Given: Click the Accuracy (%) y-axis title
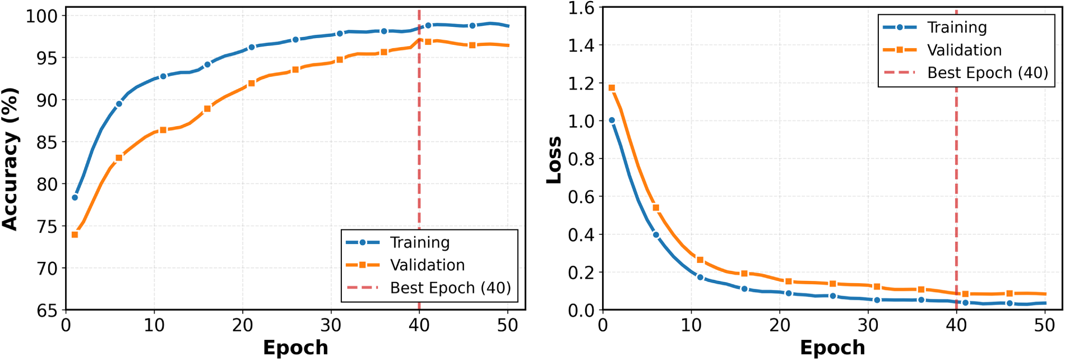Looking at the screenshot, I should [10, 159].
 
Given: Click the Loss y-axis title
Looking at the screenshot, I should [554, 159].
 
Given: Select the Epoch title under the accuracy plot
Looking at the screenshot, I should [295, 348].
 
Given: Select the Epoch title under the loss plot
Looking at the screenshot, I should [832, 348].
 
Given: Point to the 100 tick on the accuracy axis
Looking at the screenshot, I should [41, 16].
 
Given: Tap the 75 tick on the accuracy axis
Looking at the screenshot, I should [47, 227].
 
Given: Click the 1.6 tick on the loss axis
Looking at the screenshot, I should [581, 8].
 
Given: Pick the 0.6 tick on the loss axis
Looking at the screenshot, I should [581, 197].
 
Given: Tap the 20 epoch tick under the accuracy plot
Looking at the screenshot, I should [242, 325].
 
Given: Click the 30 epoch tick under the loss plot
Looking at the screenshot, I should [868, 325].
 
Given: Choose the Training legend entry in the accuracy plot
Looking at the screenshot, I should [419, 242].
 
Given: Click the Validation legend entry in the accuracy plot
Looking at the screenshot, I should [427, 265].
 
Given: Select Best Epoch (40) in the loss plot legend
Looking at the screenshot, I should [987, 73].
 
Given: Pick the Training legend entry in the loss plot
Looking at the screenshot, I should [956, 27].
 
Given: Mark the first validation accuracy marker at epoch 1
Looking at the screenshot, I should [75, 234].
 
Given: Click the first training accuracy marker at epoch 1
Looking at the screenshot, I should [75, 197].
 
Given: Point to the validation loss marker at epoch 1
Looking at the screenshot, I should [612, 88].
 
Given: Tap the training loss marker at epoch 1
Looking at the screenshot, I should [612, 120].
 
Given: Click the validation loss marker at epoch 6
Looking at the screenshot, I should [656, 208].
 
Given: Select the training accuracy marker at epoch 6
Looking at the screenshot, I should [119, 104].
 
